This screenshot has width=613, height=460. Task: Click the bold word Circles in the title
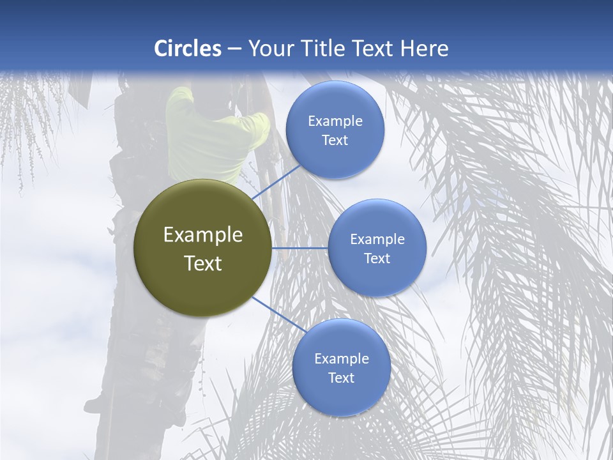click(x=188, y=49)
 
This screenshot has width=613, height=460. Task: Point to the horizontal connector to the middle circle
click(x=300, y=248)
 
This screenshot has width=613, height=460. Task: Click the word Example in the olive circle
click(x=203, y=235)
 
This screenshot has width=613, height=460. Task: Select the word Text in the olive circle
click(x=203, y=263)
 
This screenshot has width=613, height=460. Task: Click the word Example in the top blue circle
click(x=335, y=121)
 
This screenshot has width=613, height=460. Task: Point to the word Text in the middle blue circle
click(x=377, y=259)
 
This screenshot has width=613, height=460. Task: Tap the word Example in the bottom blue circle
click(x=342, y=359)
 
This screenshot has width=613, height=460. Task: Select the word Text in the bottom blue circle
click(x=342, y=378)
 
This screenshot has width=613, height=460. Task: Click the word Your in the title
click(x=269, y=49)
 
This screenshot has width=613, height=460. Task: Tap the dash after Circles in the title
click(x=234, y=49)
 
